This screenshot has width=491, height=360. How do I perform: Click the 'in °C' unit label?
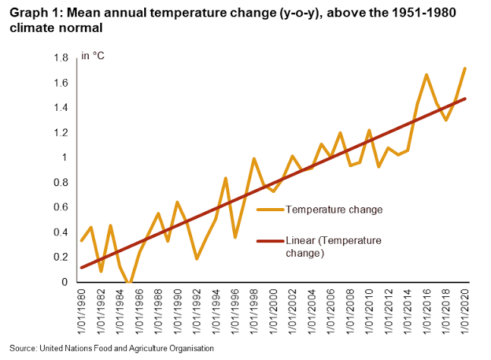(x=93, y=58)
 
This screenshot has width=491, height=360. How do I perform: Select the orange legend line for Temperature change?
(x=270, y=209)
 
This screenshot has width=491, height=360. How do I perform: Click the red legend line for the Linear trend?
(x=270, y=242)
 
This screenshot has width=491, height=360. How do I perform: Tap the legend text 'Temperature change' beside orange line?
(x=333, y=209)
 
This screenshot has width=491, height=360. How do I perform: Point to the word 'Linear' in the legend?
(x=299, y=241)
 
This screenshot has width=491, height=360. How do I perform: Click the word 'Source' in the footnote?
(x=21, y=347)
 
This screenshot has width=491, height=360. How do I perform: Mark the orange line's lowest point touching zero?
(x=130, y=282)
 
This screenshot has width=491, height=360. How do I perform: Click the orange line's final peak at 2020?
(x=464, y=68)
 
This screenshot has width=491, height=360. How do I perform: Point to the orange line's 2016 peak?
(x=426, y=74)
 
